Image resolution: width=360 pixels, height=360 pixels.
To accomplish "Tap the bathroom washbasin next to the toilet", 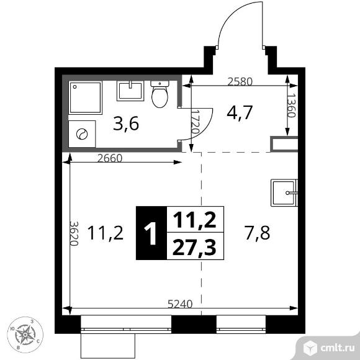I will coord(130,91).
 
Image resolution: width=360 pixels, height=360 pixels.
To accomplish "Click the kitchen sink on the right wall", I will coord(285,192).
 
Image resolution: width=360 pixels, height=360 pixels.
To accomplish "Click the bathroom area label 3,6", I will coord(125,123).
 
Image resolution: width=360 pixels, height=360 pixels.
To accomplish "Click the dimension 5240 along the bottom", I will coord(181,304).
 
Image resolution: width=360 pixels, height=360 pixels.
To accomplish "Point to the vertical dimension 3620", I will coord(73,233).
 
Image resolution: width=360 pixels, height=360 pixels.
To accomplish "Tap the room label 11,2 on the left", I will coord(106,233).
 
